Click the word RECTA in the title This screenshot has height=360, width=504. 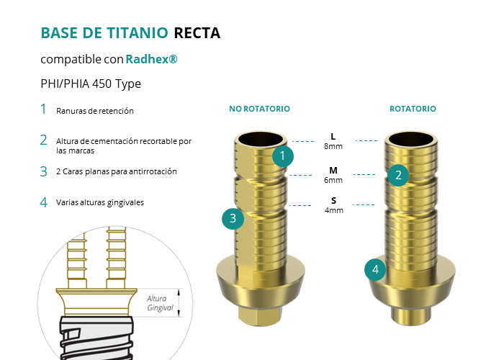coord(197,33)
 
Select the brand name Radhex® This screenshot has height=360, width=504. coord(151,59)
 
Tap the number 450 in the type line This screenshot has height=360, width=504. coord(102,84)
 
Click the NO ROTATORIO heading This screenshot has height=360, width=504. coord(259,109)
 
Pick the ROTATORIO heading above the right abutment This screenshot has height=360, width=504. coord(413,109)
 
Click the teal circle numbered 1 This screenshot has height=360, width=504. coord(283,156)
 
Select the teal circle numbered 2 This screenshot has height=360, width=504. coord(398,175)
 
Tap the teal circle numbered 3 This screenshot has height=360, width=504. coord(233,219)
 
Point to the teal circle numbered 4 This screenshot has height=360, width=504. coord(375,270)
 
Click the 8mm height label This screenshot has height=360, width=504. coord(333,146)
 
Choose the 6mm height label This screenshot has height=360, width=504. coord(333,180)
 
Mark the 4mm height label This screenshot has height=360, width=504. coord(333,210)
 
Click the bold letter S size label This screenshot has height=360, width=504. coord(333,201)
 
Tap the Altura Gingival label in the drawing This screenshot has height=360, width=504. coord(160,303)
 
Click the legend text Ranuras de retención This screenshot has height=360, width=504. coord(95,111)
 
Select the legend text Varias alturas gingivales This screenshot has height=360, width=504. coord(100,202)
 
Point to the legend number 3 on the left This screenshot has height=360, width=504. coord(44,171)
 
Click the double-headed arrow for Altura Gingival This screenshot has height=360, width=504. coord(179,303)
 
